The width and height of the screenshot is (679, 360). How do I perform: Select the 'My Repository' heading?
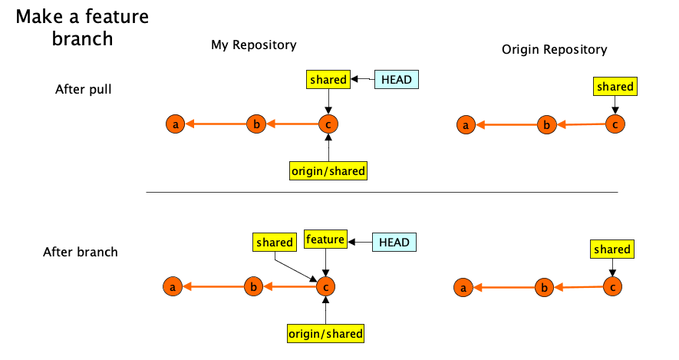pos(253,45)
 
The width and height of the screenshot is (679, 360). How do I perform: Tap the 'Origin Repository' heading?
pos(554,49)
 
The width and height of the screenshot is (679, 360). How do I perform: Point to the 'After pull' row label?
pos(84,89)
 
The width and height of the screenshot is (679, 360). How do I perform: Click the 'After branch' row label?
pos(81,252)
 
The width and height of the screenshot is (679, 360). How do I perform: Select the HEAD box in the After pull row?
pos(397,79)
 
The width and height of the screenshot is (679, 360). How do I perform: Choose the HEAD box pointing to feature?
pos(394,242)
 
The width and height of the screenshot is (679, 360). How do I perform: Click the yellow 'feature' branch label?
pos(325,239)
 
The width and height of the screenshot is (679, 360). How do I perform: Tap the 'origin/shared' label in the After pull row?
pos(328,170)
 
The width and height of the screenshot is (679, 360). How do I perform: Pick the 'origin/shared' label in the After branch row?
pos(325,333)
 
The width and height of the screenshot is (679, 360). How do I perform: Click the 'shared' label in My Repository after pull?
pos(328,79)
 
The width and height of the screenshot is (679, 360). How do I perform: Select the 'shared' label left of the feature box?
pos(274,243)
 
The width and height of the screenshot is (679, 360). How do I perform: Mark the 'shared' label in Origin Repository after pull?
pos(615,87)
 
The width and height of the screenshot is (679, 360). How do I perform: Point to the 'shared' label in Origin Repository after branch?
pos(611,249)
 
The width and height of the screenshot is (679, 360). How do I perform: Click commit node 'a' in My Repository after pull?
pos(176,124)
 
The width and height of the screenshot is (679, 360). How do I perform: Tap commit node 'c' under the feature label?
pos(325,287)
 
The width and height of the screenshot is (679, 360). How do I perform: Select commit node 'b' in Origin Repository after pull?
pos(546,125)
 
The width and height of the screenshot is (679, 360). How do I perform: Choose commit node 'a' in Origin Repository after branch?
pos(463,288)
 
